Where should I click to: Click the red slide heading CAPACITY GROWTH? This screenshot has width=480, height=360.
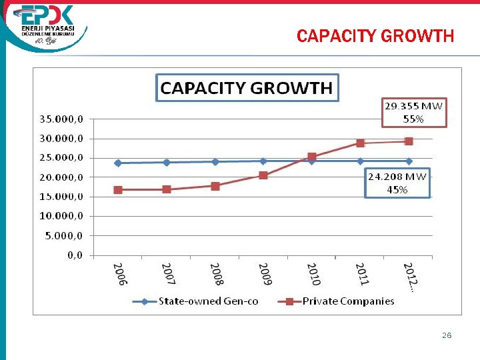[x=375, y=36]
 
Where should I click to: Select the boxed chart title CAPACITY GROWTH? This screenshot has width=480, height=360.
[x=247, y=87]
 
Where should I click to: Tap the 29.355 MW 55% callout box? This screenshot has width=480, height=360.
[x=413, y=112]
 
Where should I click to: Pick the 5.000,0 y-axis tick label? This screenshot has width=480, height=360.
[x=61, y=235]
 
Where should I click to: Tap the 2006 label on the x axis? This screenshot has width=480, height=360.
[x=119, y=274]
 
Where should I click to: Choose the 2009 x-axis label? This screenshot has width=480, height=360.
[x=265, y=274]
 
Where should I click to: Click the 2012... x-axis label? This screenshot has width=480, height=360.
[x=410, y=277]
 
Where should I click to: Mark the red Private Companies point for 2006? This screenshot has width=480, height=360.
[x=118, y=189]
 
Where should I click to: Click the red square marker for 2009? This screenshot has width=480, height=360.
[x=263, y=175]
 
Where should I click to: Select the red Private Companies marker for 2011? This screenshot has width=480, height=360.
[x=360, y=143]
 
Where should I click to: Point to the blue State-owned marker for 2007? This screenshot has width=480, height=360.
[x=167, y=162]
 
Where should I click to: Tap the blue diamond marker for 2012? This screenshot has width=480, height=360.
[x=409, y=161]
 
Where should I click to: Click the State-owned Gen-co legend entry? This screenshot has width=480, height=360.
[x=200, y=301]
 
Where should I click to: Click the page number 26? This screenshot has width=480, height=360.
[x=447, y=335]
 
